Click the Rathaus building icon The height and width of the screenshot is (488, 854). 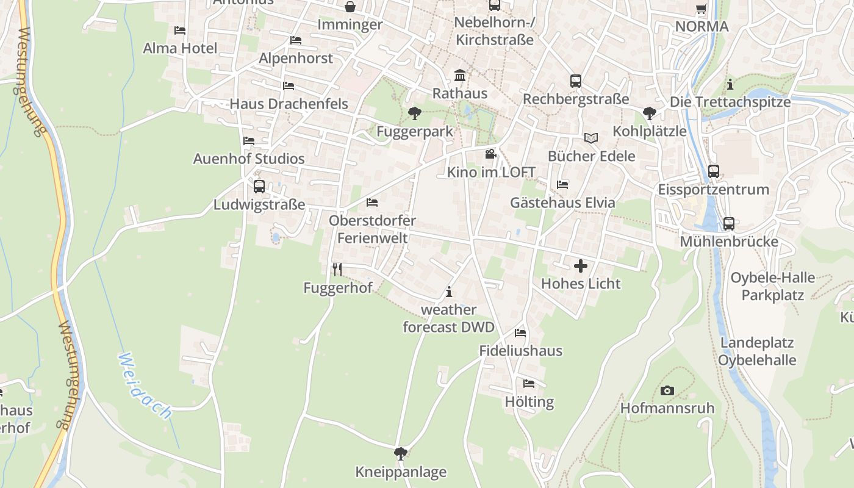pyautogui.click(x=460, y=76)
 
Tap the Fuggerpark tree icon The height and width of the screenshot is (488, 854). pyautogui.click(x=414, y=113)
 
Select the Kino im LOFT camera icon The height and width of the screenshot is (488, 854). pyautogui.click(x=490, y=154)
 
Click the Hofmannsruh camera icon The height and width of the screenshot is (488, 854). pyautogui.click(x=667, y=390)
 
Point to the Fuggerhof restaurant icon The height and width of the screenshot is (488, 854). pyautogui.click(x=337, y=269)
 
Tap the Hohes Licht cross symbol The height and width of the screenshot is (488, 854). pyautogui.click(x=581, y=265)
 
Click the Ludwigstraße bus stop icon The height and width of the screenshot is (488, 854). pyautogui.click(x=259, y=186)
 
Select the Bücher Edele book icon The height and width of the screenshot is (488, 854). pyautogui.click(x=590, y=138)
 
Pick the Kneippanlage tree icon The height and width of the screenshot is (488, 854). pyautogui.click(x=401, y=453)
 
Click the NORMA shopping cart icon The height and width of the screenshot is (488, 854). pyautogui.click(x=701, y=9)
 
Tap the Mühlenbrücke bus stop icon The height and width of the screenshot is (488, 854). pyautogui.click(x=728, y=223)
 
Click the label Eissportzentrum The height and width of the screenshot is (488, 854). pyautogui.click(x=713, y=189)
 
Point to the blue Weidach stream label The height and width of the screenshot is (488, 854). pyautogui.click(x=145, y=386)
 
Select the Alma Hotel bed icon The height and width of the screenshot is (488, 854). pyautogui.click(x=180, y=30)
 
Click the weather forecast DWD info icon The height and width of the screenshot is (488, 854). pyautogui.click(x=449, y=292)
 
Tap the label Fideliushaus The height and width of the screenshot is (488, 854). pyautogui.click(x=520, y=351)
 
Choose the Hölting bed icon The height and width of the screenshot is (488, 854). pyautogui.click(x=529, y=384)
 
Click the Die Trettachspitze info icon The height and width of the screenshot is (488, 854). pyautogui.click(x=730, y=84)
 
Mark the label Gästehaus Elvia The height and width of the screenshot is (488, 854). pyautogui.click(x=562, y=203)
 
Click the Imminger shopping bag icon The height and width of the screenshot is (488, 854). pyautogui.click(x=351, y=7)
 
